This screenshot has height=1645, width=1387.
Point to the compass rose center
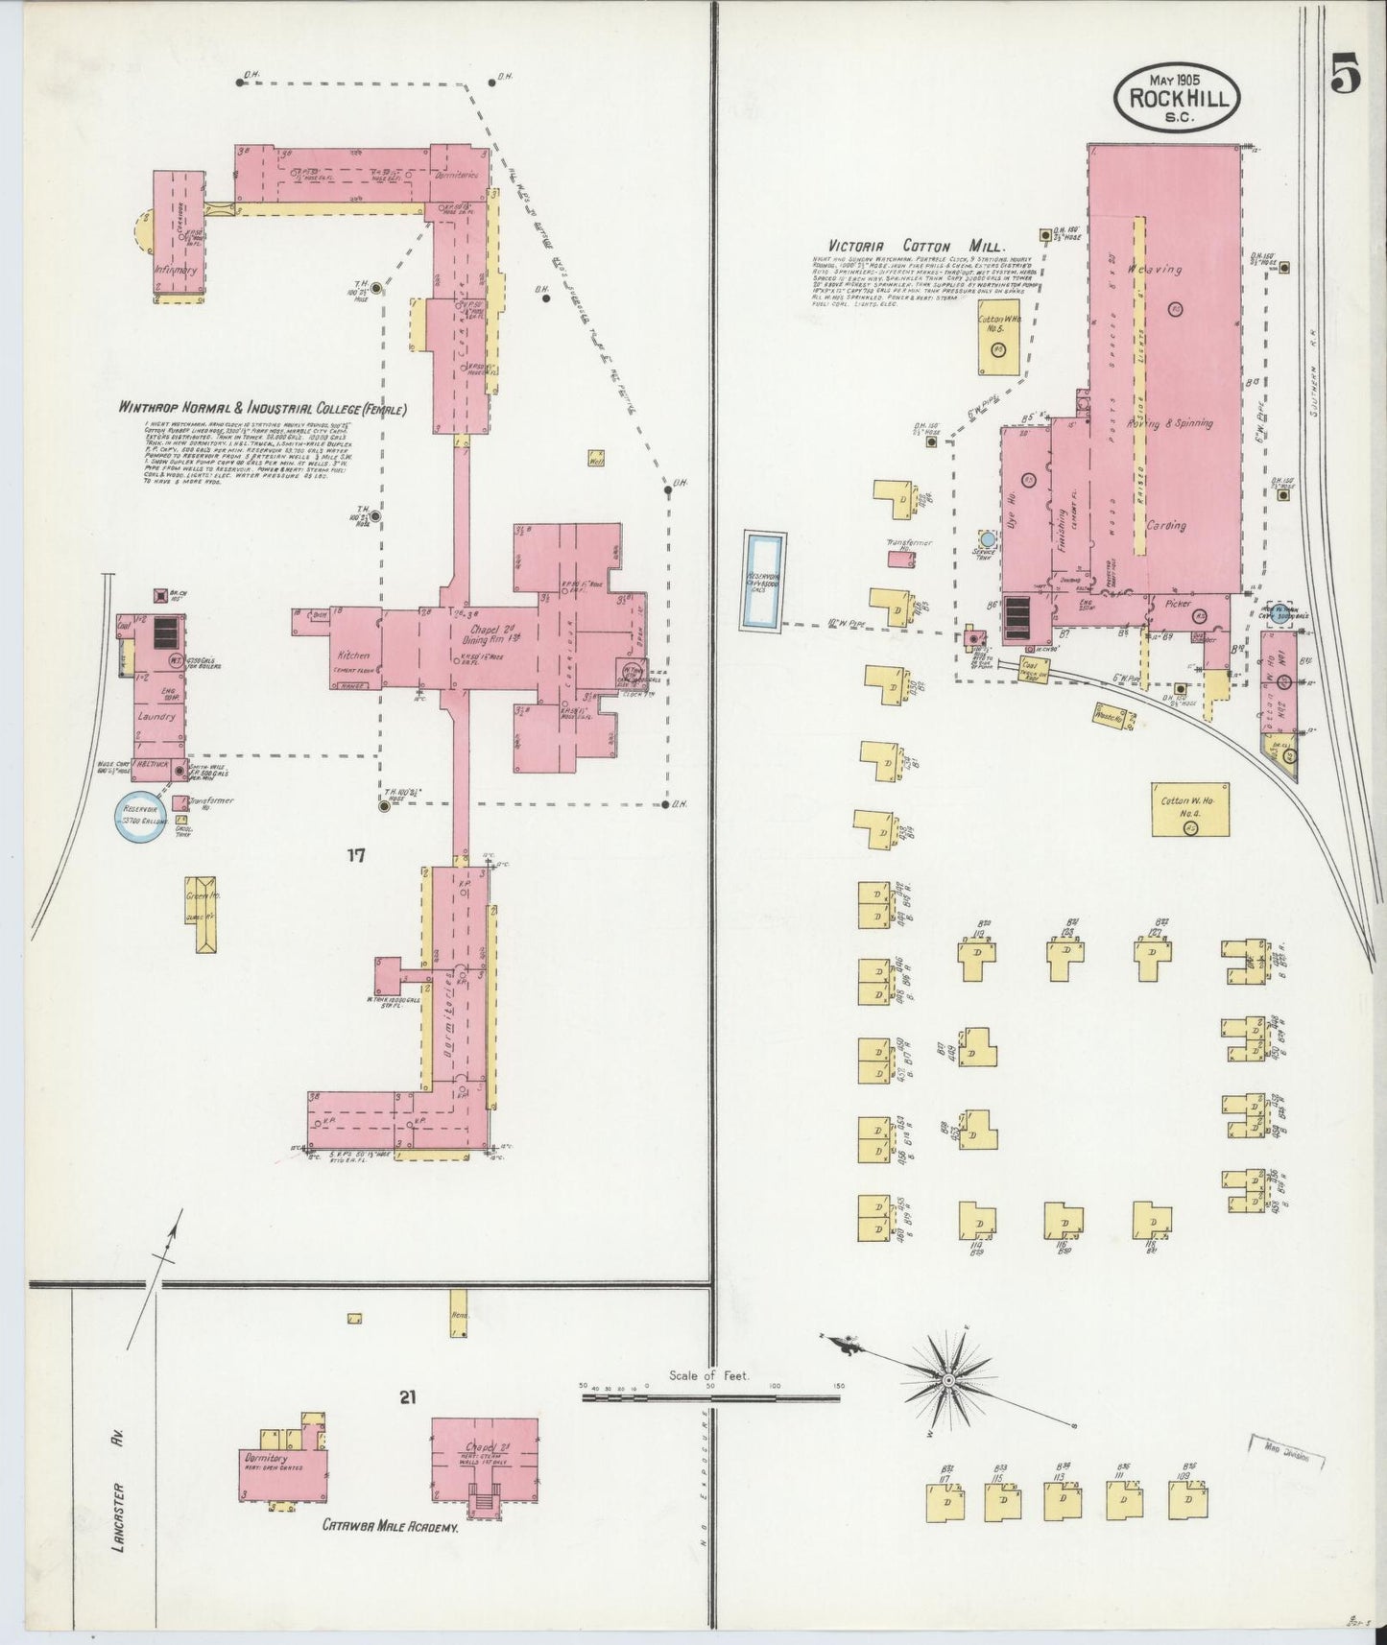[947, 1379]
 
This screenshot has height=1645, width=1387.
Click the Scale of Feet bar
[710, 1398]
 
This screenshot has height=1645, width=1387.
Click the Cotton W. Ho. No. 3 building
[998, 341]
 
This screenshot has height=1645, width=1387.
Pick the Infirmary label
[175, 271]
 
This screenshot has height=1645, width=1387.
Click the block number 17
[356, 857]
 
